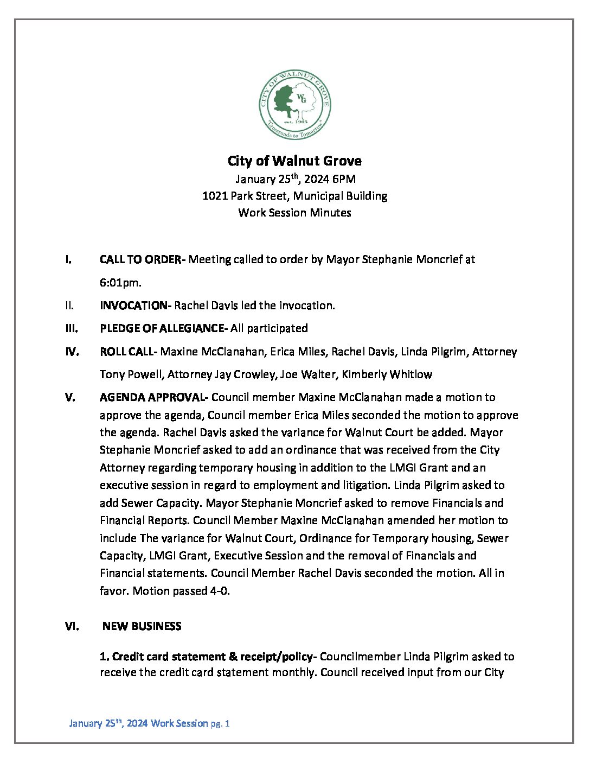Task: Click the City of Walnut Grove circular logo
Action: point(294,105)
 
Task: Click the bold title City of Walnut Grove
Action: point(294,161)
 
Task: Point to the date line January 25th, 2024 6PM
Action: point(295,179)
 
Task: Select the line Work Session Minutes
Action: point(294,213)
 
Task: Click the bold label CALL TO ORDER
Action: point(140,259)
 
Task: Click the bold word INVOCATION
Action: point(134,305)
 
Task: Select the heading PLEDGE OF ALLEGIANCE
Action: point(162,328)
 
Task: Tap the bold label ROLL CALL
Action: point(127,352)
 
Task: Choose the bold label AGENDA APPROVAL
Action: point(152,397)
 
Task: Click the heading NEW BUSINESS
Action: point(142,626)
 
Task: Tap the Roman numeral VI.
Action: point(72,626)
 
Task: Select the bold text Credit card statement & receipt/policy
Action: point(207,657)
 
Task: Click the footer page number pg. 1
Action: point(220,723)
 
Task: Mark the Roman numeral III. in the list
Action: point(72,328)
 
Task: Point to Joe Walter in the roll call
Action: point(307,374)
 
